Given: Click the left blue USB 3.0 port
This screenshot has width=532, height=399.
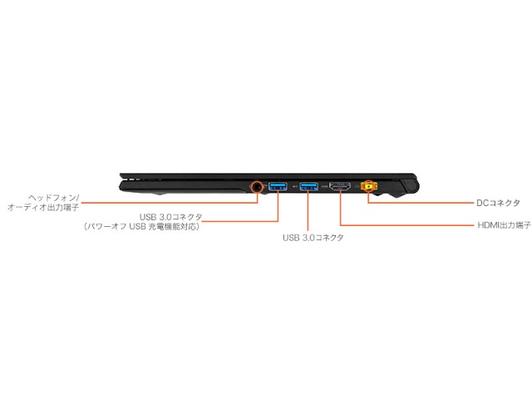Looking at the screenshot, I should pyautogui.click(x=278, y=185).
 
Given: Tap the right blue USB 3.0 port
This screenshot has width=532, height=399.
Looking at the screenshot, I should pyautogui.click(x=309, y=185).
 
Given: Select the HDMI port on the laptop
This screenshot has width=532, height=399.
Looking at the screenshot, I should pyautogui.click(x=341, y=186).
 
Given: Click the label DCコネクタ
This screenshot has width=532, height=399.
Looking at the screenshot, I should pyautogui.click(x=499, y=202).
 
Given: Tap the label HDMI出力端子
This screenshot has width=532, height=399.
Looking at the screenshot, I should pyautogui.click(x=504, y=225).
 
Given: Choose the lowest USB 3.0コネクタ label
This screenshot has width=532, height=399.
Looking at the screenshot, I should pyautogui.click(x=313, y=238).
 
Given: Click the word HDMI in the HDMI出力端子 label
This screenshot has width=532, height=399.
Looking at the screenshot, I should pyautogui.click(x=489, y=225).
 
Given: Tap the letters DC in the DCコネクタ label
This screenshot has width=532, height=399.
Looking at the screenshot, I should pyautogui.click(x=483, y=202).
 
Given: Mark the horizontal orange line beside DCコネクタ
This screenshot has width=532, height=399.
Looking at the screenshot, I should pyautogui.click(x=424, y=202).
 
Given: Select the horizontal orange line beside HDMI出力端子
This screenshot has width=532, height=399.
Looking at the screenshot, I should pyautogui.click(x=407, y=225).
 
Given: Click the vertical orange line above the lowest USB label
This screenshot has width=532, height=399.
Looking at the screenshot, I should pyautogui.click(x=309, y=212).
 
